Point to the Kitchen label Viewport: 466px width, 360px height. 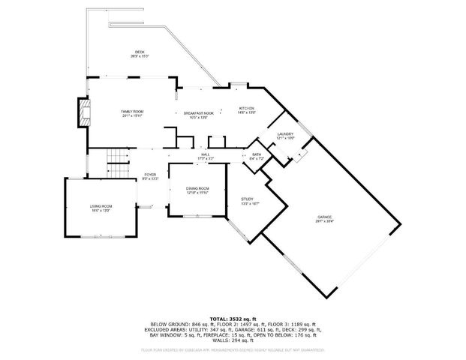[247, 108]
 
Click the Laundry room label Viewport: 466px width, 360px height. [285, 134]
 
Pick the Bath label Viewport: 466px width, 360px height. [257, 154]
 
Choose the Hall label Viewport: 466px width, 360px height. [205, 154]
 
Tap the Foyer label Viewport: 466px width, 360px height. [150, 174]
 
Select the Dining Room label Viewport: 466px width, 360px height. [197, 188]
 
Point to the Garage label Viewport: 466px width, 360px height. [324, 217]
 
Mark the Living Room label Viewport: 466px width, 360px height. [101, 206]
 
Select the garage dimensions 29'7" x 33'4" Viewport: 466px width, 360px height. [324, 222]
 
